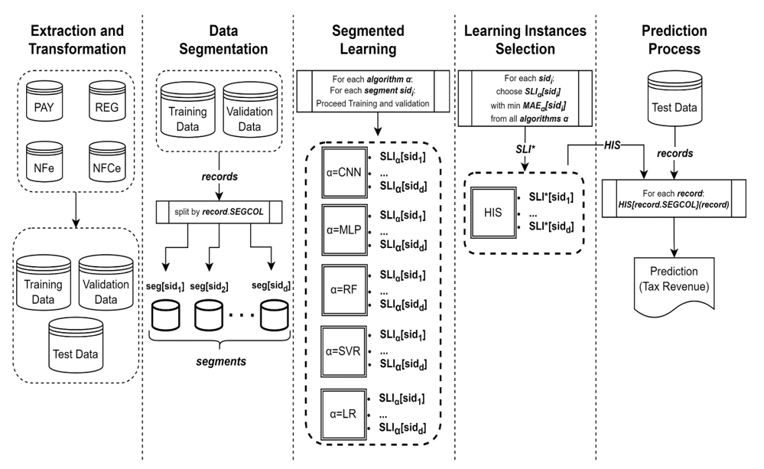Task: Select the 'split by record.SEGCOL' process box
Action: (218, 209)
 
